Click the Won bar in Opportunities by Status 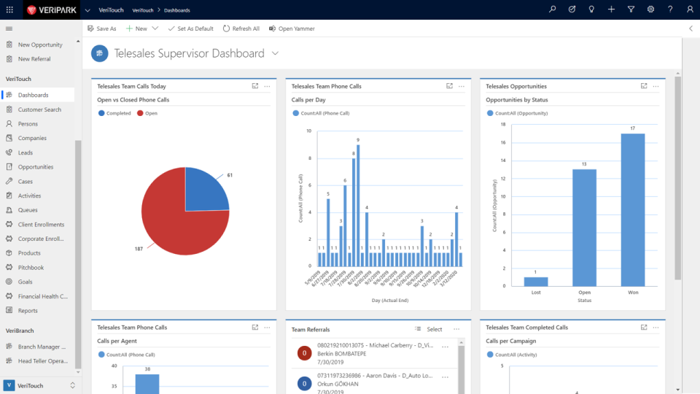point(633,209)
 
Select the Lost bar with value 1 point(535,282)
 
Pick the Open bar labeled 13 point(584,228)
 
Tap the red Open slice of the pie point(175,219)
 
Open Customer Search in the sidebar point(39,109)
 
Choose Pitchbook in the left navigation point(31,268)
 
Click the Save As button point(101,28)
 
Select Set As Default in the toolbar point(190,28)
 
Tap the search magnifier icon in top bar point(553,9)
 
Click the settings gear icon point(650,9)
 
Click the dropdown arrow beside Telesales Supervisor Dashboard point(275,53)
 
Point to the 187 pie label point(139,250)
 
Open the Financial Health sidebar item point(42,296)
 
